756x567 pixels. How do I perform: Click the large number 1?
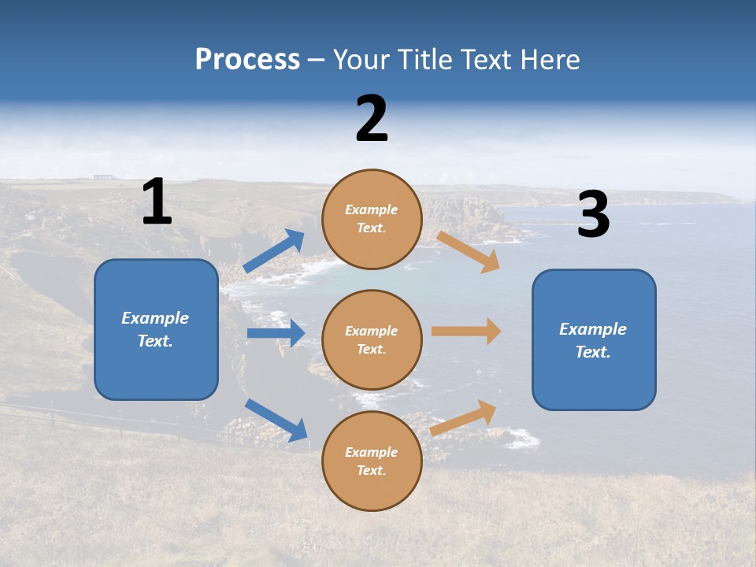157,202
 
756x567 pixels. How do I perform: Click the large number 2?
372,119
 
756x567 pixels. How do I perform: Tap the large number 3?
593,215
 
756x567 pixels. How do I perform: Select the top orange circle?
372,219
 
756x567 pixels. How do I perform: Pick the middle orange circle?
372,339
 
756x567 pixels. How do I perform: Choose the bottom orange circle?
372,461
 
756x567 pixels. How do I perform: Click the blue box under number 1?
156,329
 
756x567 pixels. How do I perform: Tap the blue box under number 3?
594,339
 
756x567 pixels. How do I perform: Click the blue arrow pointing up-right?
274,250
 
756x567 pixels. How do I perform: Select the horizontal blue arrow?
276,333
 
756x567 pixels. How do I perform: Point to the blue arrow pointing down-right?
276,419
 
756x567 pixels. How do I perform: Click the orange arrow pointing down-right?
469,251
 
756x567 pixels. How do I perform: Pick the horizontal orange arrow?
466,332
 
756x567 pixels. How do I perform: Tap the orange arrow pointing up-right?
464,417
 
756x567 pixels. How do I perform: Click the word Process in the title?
247,59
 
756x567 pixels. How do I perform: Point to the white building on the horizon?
102,176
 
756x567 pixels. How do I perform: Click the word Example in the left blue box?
155,318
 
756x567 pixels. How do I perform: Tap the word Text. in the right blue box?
593,352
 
